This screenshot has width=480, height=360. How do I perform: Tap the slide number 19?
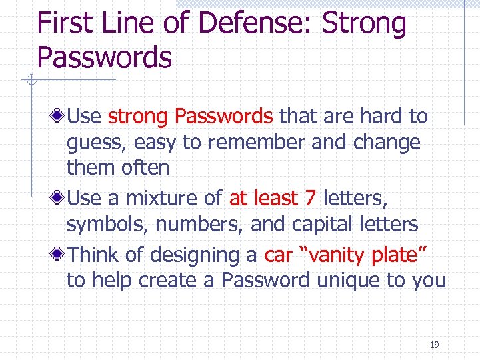(x=435, y=345)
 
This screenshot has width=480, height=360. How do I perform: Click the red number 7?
(x=310, y=199)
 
